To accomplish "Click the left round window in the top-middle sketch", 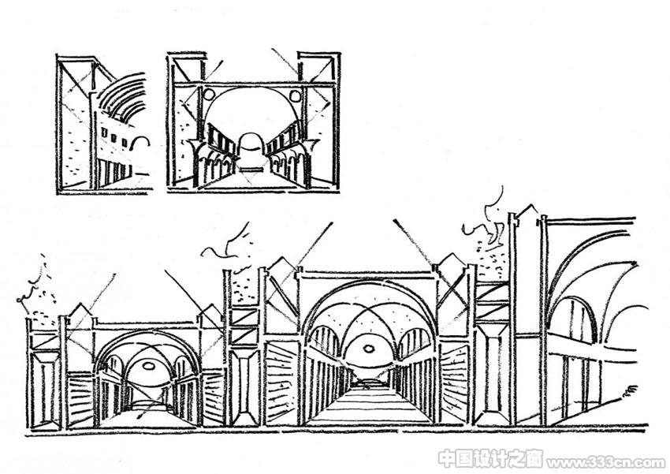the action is pos(209,94).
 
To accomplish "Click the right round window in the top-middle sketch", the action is pos(296,95).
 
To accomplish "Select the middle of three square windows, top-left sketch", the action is pos(114,138).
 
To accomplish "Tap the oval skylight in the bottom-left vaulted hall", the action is pos(149,365).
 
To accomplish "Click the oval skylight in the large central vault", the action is pos(368,349).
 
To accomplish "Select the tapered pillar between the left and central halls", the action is pos(245,385).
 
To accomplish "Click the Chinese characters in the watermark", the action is pos(491,459).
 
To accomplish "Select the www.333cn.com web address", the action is pos(606,462).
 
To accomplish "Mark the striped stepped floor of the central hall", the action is pos(368,405).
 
